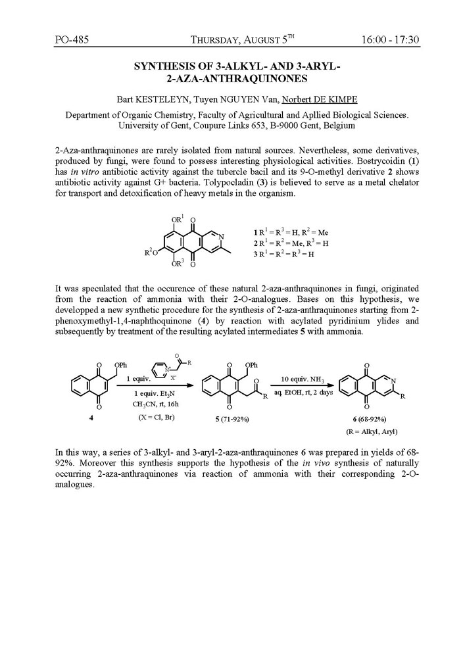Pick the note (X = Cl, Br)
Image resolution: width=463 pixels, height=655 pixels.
click(152, 416)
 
